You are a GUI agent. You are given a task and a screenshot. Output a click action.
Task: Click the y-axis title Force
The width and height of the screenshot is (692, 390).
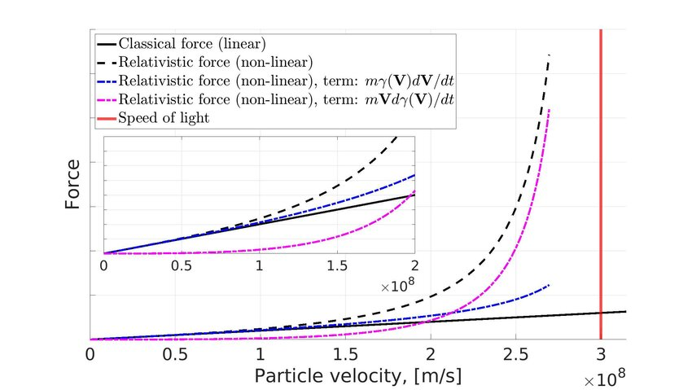73,186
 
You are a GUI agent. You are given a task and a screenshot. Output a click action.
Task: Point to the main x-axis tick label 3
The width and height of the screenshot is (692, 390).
601,356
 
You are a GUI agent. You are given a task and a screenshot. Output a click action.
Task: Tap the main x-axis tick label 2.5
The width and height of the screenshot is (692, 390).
515,356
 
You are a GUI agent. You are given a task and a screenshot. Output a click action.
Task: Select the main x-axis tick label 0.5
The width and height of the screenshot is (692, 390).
174,356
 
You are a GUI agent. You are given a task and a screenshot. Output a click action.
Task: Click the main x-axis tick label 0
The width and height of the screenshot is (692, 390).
90,356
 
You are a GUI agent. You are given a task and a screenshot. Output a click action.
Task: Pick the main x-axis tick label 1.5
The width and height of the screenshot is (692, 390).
345,356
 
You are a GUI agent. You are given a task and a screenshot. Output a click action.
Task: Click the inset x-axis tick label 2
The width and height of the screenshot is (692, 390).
414,266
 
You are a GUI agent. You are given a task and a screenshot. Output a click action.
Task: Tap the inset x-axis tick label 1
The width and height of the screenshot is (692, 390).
259,266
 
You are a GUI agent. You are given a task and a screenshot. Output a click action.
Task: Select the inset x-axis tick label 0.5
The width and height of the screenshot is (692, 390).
182,266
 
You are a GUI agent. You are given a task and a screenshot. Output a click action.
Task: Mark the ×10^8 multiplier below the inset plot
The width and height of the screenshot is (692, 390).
397,287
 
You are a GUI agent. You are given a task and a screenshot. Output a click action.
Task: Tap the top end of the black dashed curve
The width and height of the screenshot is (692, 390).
550,55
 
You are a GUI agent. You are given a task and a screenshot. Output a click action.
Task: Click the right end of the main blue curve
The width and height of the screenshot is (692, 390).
550,285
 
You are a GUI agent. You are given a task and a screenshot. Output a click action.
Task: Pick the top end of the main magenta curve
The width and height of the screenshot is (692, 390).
550,110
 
